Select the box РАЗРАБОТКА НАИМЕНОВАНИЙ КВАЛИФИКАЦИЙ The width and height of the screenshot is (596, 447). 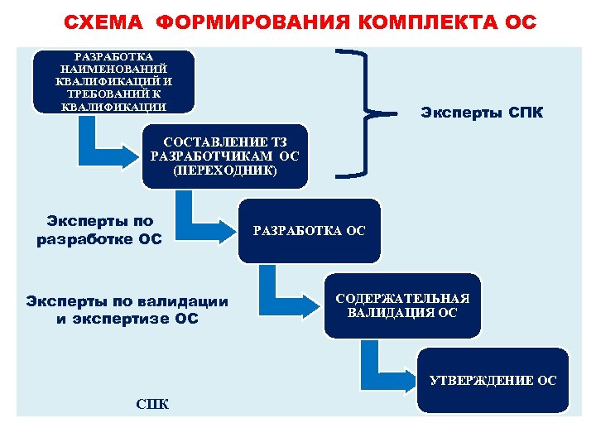pyautogui.click(x=113, y=81)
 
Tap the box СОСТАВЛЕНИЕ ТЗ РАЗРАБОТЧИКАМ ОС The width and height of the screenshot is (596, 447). pyautogui.click(x=224, y=156)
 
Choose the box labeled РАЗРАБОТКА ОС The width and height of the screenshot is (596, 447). pyautogui.click(x=309, y=231)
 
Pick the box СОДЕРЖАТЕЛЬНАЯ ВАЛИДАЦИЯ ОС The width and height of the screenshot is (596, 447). pyautogui.click(x=401, y=305)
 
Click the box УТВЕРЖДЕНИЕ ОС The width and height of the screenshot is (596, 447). pyautogui.click(x=493, y=380)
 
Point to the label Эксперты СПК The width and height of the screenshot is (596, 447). pyautogui.click(x=482, y=112)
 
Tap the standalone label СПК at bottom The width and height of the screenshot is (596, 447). pyautogui.click(x=151, y=404)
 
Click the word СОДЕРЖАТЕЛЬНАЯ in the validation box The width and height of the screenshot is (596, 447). pyautogui.click(x=402, y=299)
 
